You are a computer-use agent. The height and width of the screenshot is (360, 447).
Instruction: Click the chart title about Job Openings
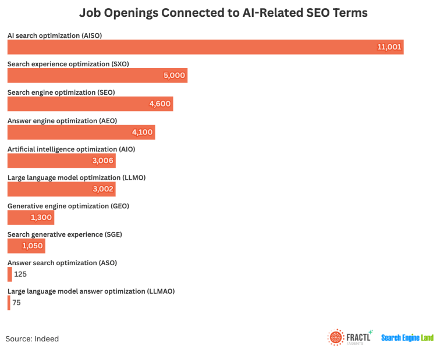pos(223,13)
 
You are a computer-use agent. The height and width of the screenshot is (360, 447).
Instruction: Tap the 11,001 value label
pos(389,47)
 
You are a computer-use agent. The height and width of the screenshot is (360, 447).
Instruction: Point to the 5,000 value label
pos(174,76)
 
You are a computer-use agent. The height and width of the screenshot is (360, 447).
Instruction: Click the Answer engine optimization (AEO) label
pos(62,121)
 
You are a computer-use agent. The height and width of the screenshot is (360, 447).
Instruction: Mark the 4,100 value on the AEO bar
pos(142,132)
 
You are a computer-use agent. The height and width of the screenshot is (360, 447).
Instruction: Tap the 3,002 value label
pos(102,189)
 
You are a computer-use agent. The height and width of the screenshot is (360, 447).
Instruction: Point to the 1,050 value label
pos(33,246)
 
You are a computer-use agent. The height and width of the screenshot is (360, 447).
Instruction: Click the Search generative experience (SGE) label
pos(64,234)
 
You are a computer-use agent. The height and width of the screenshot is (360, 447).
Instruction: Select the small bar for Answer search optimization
pos(9,275)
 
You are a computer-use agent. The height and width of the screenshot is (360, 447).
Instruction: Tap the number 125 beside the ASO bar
pos(20,275)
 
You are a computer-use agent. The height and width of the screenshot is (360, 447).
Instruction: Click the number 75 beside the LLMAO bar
pos(17,303)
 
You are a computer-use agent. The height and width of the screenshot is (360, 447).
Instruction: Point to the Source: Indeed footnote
pos(33,338)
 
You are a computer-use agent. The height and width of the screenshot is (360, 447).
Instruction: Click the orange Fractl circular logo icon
pos(336,338)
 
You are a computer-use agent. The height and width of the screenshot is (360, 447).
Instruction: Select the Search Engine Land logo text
pos(407,338)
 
